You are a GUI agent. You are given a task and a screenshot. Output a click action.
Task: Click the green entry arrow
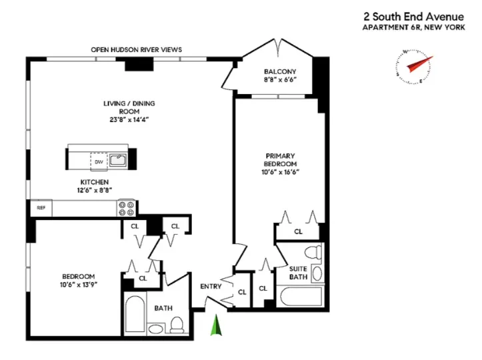tap(215, 327)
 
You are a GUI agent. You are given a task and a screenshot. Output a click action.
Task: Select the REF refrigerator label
tap(40, 208)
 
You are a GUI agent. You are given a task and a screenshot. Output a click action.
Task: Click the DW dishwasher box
tap(99, 161)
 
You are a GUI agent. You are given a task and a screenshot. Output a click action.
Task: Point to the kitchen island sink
tap(117, 159)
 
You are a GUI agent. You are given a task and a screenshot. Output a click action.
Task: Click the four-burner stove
tap(127, 208)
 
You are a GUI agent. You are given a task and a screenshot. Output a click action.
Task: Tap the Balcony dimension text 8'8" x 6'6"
tap(279, 80)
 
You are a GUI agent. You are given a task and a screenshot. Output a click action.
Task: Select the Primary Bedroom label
tap(280, 160)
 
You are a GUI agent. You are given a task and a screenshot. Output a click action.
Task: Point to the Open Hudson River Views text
tap(137, 50)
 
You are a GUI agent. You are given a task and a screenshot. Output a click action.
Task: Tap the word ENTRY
tap(211, 287)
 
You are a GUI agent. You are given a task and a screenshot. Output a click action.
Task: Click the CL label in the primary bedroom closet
tap(298, 231)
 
